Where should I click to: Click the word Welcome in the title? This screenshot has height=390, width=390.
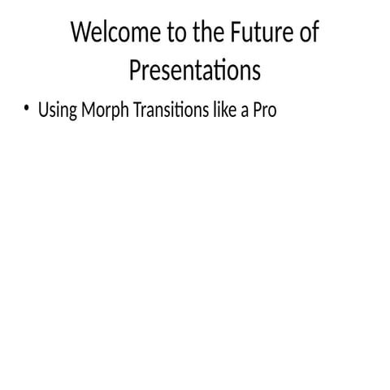click(109, 34)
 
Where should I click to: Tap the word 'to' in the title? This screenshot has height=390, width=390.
click(166, 34)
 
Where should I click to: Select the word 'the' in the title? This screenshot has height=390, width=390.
click(197, 34)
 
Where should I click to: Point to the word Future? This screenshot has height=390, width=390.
click(252, 34)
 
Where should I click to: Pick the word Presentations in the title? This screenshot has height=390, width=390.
click(195, 71)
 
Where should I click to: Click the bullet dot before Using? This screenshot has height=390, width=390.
click(27, 110)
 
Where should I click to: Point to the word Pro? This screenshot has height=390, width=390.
click(265, 110)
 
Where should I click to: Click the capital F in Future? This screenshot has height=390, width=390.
click(226, 34)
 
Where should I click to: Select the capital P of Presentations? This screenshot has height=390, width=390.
click(135, 71)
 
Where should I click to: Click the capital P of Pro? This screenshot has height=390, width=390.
click(257, 110)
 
